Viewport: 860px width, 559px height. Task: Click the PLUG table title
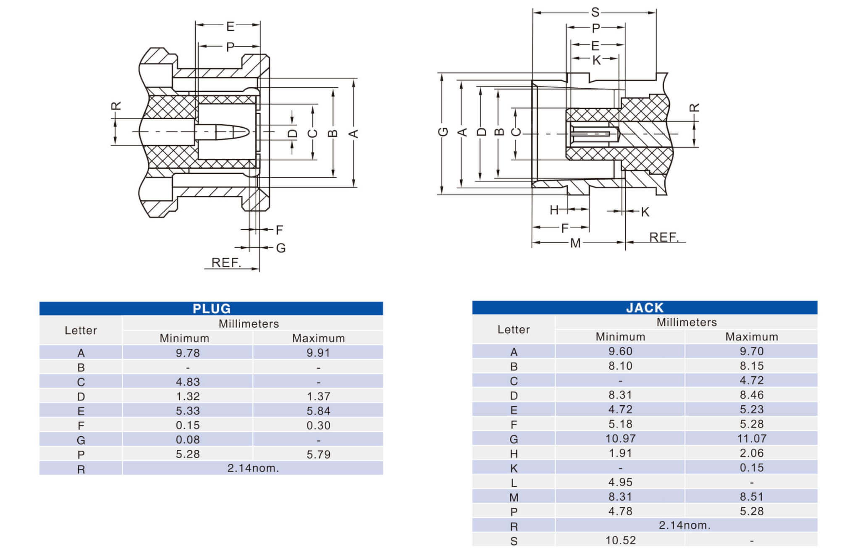(x=212, y=309)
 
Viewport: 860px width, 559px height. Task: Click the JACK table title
(x=645, y=308)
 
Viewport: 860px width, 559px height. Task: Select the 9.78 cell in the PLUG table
(x=188, y=353)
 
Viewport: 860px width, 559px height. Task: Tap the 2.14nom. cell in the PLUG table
(x=253, y=468)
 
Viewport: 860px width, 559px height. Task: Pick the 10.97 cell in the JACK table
(x=620, y=439)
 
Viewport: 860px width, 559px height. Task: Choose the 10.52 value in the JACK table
(x=620, y=541)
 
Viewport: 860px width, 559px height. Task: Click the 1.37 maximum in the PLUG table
(x=318, y=396)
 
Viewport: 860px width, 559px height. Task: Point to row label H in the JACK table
(x=514, y=454)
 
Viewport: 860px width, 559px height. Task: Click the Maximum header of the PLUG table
(x=318, y=338)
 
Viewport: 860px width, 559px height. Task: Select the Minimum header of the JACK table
(x=620, y=337)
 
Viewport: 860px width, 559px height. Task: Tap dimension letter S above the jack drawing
(x=595, y=13)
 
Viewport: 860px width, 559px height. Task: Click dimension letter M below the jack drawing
(x=575, y=243)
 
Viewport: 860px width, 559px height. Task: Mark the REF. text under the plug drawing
(x=226, y=263)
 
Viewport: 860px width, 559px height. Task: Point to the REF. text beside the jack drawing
(x=664, y=237)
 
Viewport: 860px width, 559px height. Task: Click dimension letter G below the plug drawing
(x=281, y=248)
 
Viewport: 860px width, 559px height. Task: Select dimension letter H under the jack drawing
(x=554, y=210)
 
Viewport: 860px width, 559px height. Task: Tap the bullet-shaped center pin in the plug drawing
(x=223, y=132)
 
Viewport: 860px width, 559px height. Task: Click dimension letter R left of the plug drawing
(x=116, y=106)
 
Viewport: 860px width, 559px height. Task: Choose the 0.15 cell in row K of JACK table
(x=752, y=468)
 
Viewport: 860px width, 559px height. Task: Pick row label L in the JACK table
(x=514, y=483)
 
